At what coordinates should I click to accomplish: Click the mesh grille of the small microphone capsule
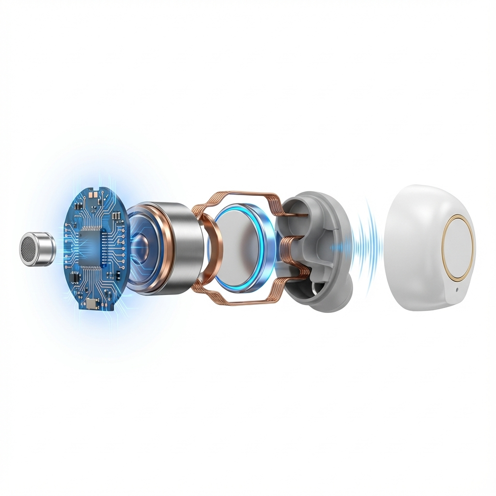coord(29,248)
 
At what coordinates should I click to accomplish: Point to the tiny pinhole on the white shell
coord(457,291)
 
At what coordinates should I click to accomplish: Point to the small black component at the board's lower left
coord(75,279)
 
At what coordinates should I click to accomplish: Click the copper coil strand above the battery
coord(237,196)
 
